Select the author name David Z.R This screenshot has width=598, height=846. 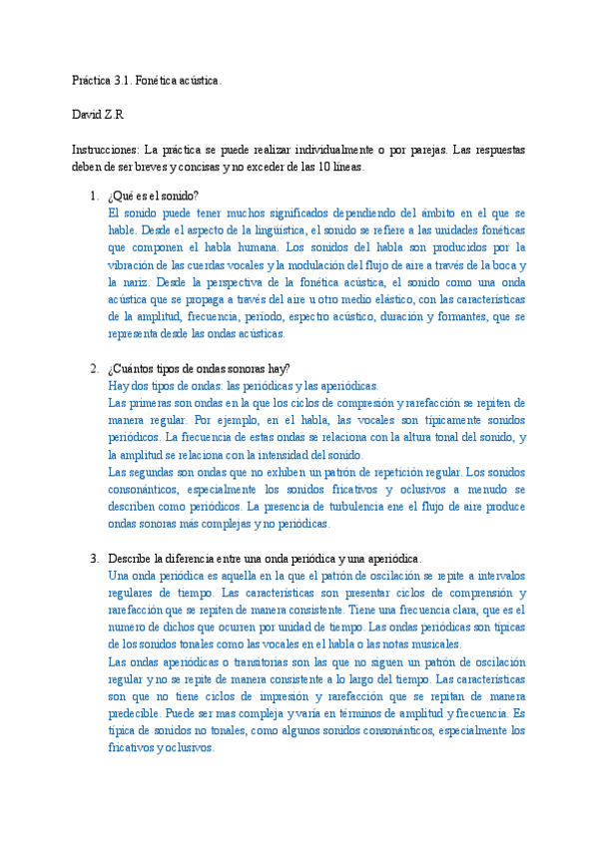[x=97, y=115]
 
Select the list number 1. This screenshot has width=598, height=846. [x=95, y=196]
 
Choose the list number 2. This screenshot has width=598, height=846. [x=95, y=369]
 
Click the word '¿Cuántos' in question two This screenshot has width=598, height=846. [x=133, y=369]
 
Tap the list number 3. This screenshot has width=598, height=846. [x=95, y=559]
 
